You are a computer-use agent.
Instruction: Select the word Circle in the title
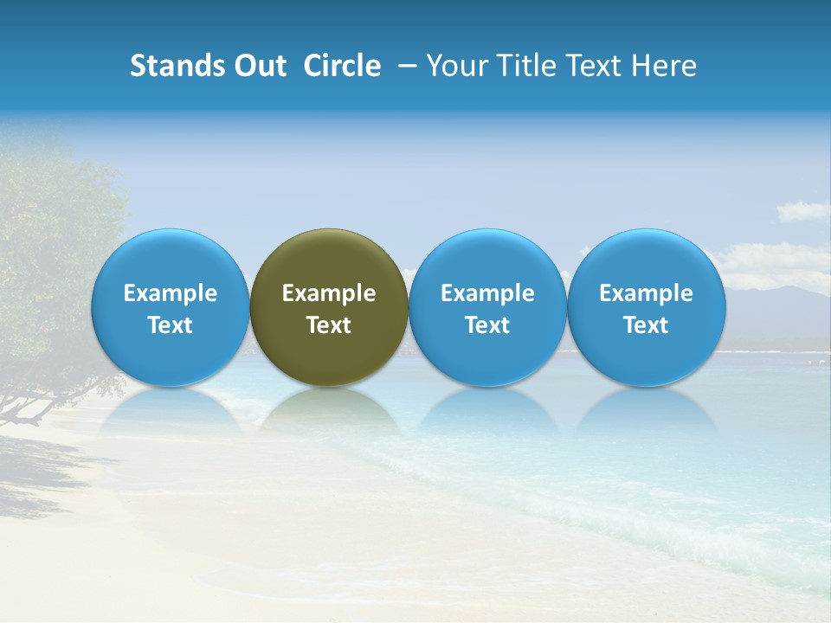(x=342, y=66)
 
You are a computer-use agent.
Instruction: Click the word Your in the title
(x=456, y=66)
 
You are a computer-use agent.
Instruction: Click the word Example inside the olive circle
(x=329, y=293)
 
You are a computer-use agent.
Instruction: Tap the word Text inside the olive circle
(x=329, y=325)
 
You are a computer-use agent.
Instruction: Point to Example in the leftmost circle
(x=171, y=293)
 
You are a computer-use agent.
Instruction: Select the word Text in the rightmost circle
(x=647, y=325)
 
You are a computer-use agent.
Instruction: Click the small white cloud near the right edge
(x=802, y=211)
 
